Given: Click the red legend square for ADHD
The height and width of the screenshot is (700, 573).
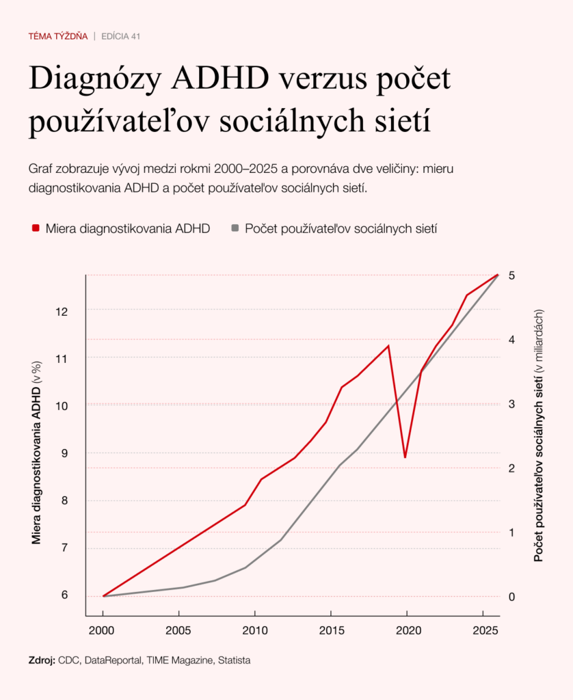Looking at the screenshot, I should [36, 228].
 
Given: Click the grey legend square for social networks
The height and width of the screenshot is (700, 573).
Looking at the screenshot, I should [235, 228].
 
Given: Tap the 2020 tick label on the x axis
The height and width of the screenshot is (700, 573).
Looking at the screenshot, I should [407, 630].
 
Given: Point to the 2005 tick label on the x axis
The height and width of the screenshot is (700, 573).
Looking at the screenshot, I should [178, 630].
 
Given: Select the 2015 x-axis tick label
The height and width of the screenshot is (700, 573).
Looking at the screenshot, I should [331, 630].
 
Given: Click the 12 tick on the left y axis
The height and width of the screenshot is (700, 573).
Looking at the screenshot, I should [63, 312].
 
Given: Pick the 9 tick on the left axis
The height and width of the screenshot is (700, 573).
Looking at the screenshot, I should [66, 453].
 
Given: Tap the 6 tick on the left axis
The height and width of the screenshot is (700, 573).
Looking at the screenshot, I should [66, 595].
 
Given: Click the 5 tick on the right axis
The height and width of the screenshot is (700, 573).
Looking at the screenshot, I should [511, 275].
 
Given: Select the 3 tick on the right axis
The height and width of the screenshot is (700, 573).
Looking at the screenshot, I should [511, 404].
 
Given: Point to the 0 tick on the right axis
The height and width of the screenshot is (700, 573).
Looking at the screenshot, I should [511, 596].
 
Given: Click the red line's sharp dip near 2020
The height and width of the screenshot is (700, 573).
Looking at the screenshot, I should [405, 457].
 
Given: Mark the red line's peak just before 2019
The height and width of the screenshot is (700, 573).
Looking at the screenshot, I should [388, 346].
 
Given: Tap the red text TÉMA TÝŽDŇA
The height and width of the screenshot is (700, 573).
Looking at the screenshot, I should [58, 36].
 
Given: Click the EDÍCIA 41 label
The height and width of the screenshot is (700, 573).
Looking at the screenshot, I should [121, 36].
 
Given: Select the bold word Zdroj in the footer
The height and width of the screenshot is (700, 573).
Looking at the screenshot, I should [42, 660].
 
